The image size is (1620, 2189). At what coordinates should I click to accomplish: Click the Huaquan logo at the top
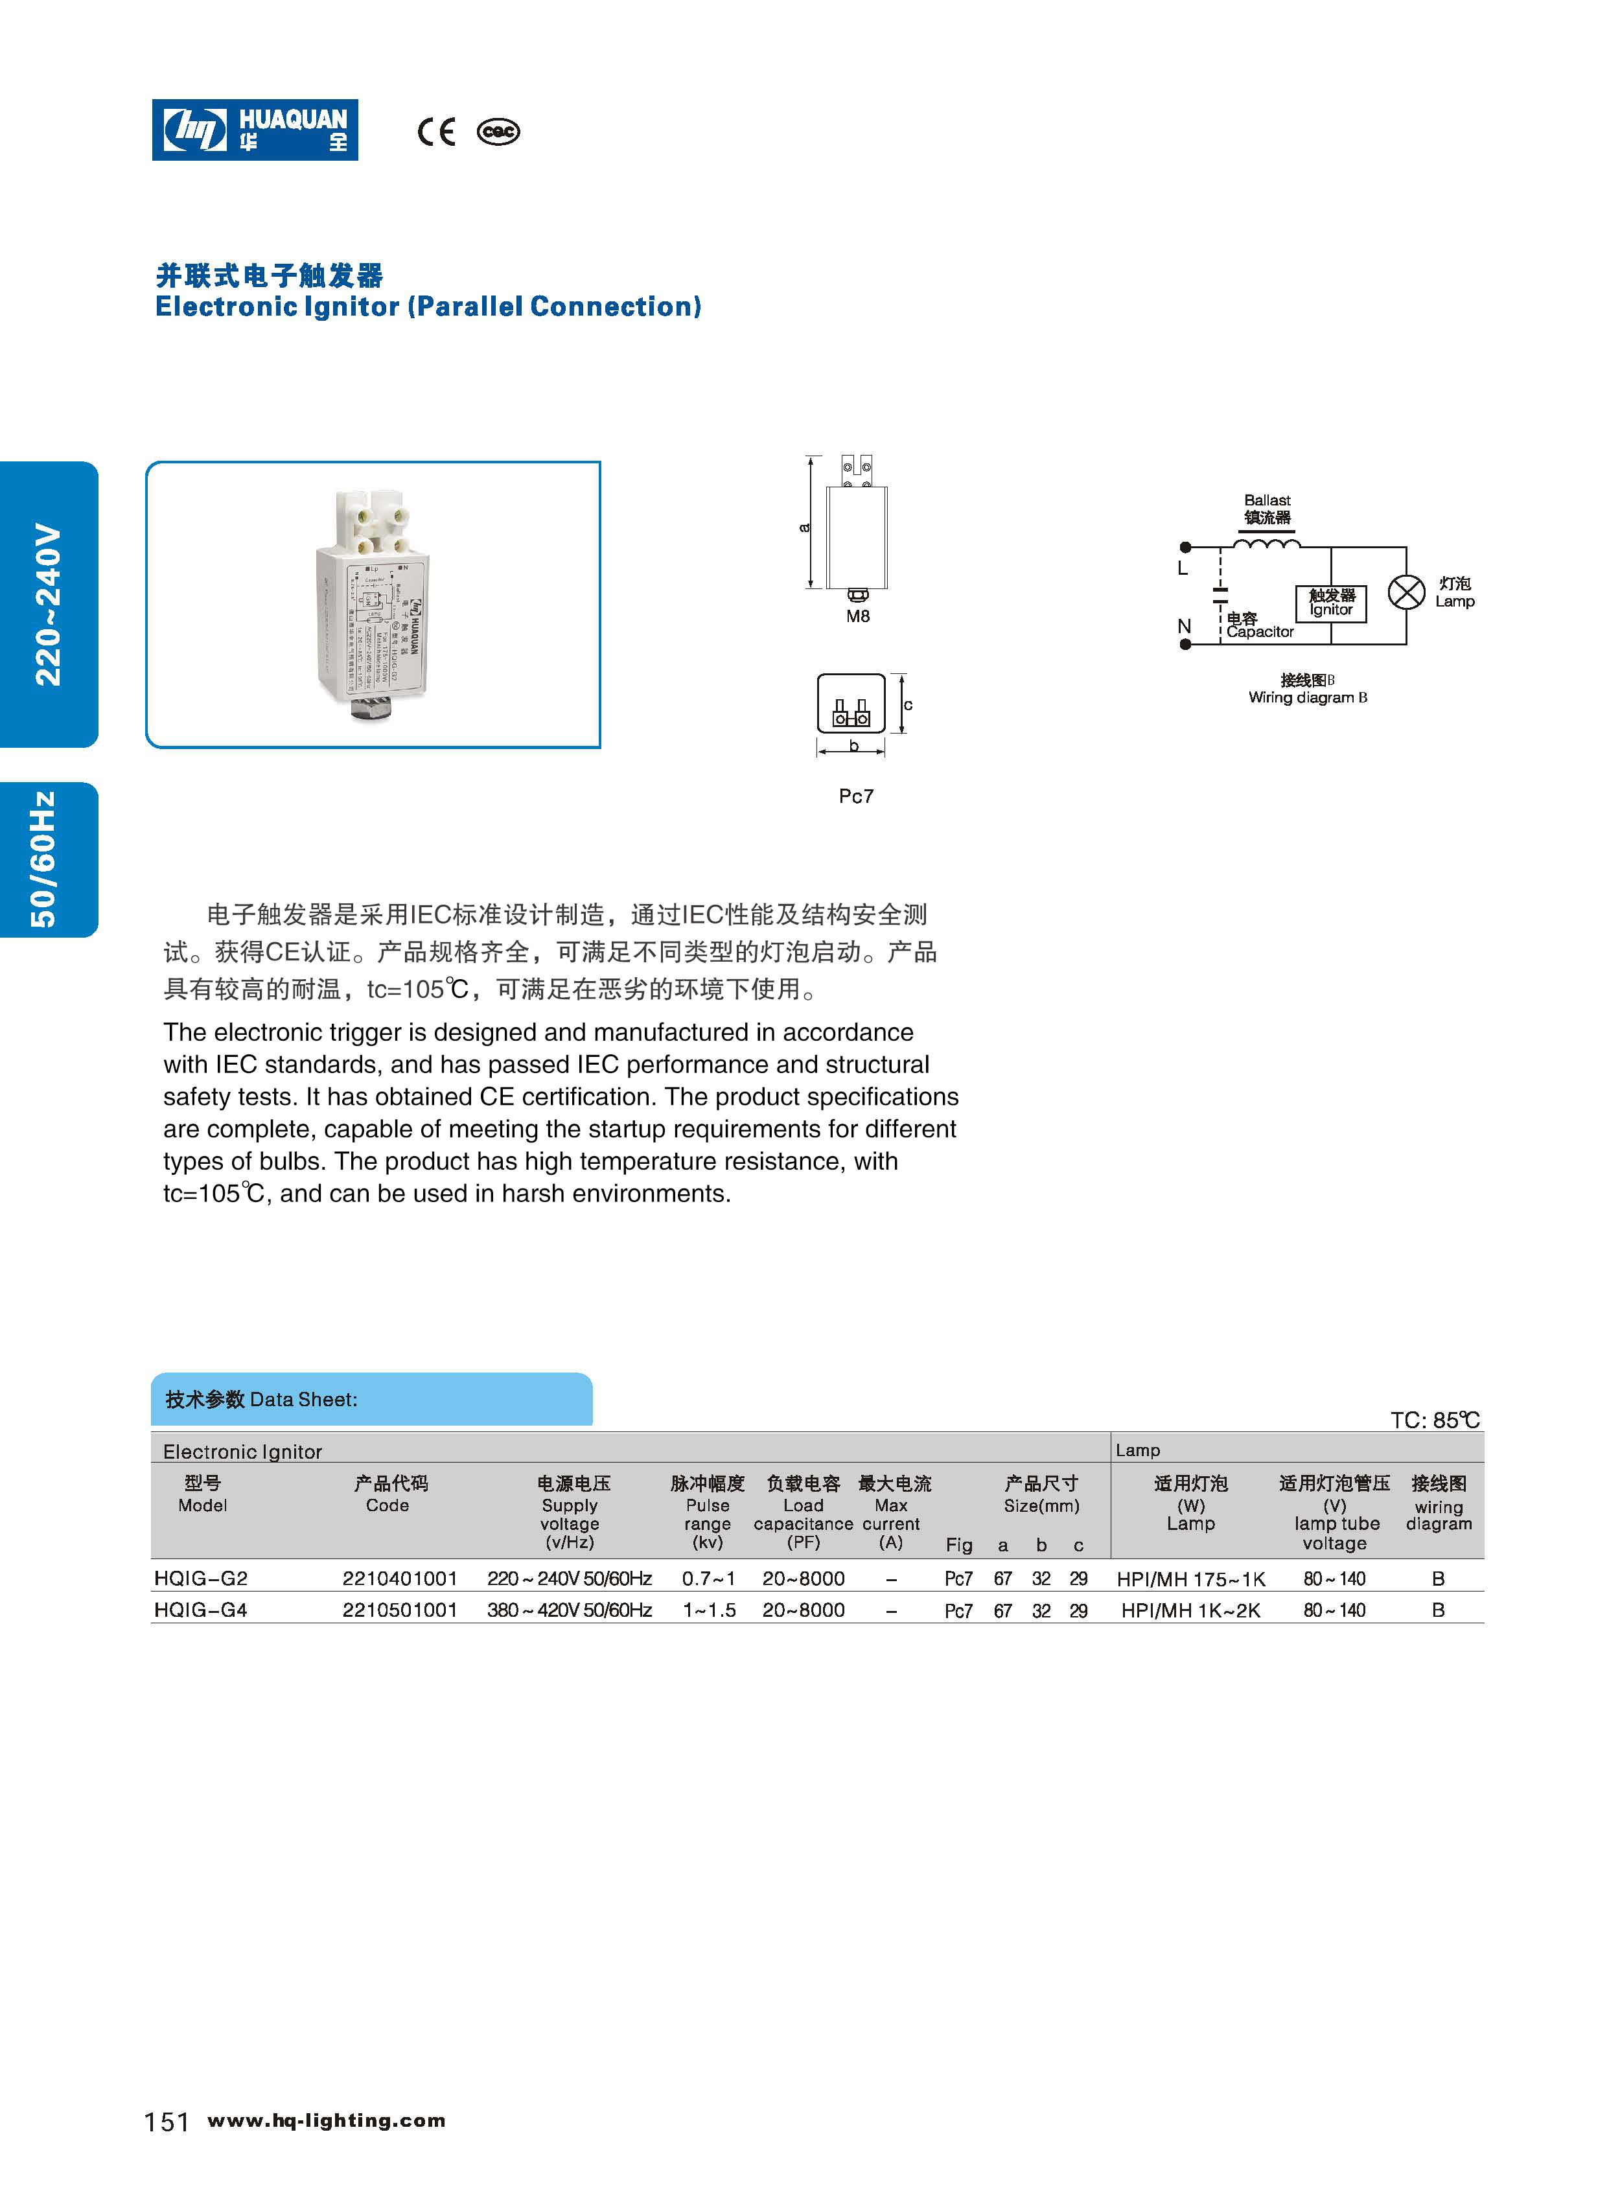(x=255, y=130)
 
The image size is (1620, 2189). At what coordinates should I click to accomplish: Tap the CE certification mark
(x=436, y=132)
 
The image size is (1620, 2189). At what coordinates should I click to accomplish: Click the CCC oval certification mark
(x=498, y=132)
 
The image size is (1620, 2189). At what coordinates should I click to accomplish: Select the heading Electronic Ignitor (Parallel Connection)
(x=428, y=307)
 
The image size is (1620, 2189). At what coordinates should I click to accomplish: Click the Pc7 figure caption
(x=856, y=796)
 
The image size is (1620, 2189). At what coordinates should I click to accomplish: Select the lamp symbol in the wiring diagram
(x=1406, y=592)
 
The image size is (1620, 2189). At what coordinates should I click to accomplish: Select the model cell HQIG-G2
(x=201, y=1578)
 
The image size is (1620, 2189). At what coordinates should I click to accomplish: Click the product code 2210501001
(x=400, y=1610)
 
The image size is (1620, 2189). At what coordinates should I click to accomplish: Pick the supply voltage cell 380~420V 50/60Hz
(x=569, y=1610)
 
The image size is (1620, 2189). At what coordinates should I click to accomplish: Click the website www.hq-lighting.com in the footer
(x=327, y=2120)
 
